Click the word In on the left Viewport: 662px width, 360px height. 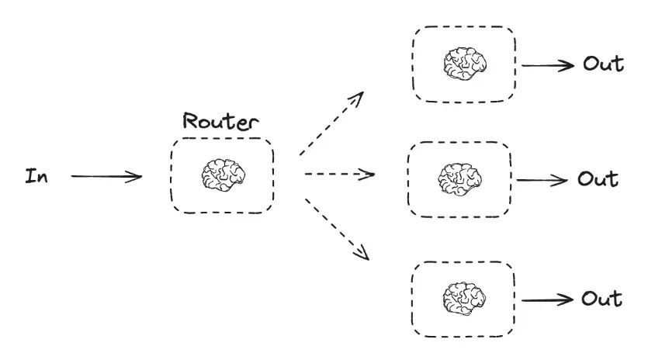point(36,176)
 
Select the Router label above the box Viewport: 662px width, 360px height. point(220,121)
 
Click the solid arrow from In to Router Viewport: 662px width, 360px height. point(106,176)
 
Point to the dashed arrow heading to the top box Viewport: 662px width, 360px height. point(331,123)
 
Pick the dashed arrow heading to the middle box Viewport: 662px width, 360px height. point(339,174)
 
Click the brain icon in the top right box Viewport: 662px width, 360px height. point(464,64)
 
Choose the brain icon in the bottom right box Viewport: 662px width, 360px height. point(463,298)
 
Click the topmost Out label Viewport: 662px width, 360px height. point(603,64)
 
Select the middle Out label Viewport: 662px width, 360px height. point(598,179)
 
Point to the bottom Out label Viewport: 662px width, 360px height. point(601,299)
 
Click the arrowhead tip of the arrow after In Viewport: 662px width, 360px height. point(140,177)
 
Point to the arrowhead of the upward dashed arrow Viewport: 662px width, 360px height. point(359,96)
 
